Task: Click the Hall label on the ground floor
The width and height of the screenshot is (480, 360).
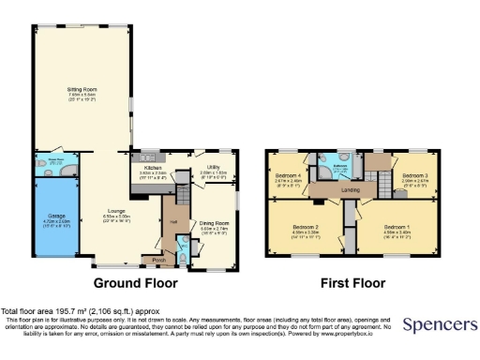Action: [x=173, y=221]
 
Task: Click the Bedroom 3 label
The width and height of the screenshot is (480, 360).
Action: [x=415, y=176]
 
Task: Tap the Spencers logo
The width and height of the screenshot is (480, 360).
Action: [x=439, y=325]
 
